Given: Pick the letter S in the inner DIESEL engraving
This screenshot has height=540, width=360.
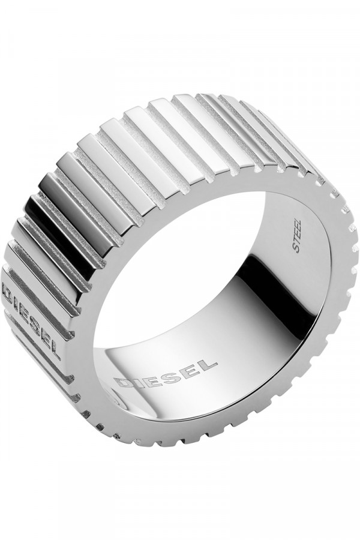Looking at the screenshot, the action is click(171, 372).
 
